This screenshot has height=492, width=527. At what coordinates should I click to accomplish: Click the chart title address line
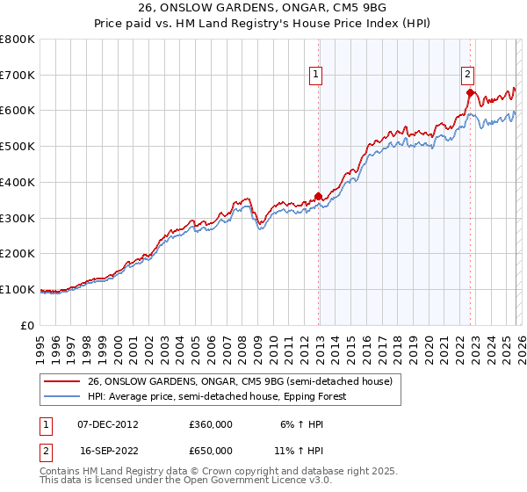pyautogui.click(x=263, y=7)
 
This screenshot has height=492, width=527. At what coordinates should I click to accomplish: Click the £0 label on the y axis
pyautogui.click(x=28, y=326)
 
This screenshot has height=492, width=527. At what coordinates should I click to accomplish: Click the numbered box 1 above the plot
pyautogui.click(x=315, y=76)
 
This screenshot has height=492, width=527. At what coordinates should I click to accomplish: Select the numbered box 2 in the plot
pyautogui.click(x=467, y=76)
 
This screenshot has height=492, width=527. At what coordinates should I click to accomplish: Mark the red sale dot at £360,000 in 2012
pyautogui.click(x=318, y=197)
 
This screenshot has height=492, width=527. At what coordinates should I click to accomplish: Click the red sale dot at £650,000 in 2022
pyautogui.click(x=470, y=92)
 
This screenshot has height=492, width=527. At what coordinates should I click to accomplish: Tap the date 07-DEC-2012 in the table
pyautogui.click(x=107, y=423)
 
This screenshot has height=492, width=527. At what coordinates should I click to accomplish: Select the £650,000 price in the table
pyautogui.click(x=211, y=451)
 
